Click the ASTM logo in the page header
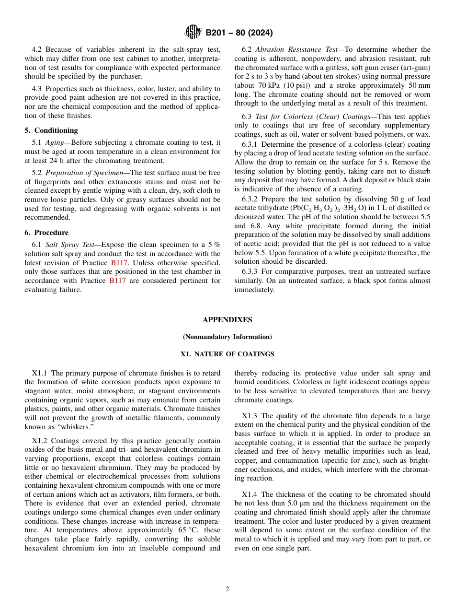(193, 33)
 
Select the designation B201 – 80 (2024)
(239, 33)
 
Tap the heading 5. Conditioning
(51, 130)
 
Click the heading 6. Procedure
(46, 233)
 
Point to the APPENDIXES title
(227, 320)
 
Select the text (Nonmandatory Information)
(227, 337)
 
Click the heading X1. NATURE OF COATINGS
(227, 354)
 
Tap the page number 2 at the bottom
(227, 589)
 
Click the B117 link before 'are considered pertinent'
(117, 281)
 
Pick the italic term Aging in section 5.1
(55, 143)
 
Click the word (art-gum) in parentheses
(414, 68)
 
